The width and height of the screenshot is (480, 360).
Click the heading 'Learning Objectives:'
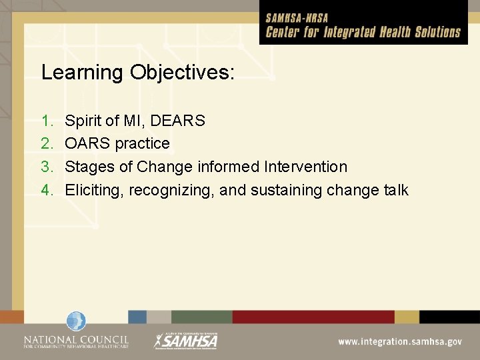coord(137,73)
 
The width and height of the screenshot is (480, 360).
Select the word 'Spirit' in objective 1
coord(83,121)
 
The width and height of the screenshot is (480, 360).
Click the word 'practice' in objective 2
coord(142,143)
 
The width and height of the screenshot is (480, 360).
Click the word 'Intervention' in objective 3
coord(306,167)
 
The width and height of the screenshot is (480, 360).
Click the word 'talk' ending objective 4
coord(396,190)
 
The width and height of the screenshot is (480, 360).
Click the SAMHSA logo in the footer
coord(186,340)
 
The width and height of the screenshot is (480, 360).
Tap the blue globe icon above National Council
coord(76,321)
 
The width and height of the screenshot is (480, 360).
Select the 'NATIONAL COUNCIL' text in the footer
coord(76,337)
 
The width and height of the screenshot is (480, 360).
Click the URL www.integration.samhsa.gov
coord(399,341)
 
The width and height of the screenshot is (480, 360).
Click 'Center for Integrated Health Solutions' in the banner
coord(363,31)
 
